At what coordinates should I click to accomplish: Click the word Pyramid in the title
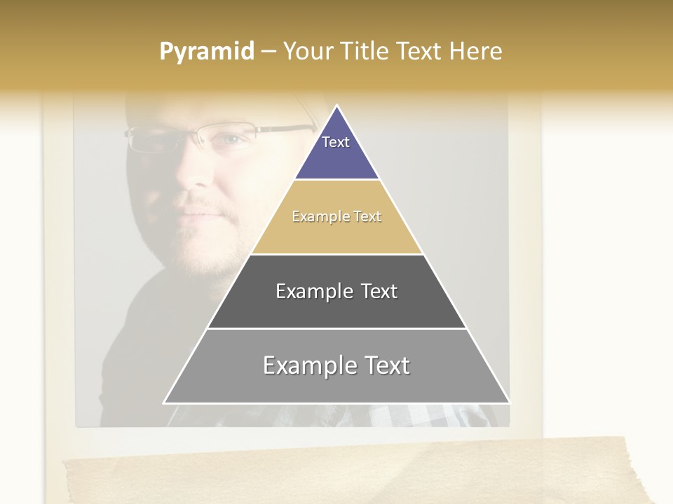point(206,52)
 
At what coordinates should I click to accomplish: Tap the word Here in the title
point(475,52)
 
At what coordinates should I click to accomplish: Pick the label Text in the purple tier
point(336,142)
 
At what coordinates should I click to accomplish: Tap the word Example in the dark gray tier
point(309,291)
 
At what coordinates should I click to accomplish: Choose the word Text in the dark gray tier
point(379,291)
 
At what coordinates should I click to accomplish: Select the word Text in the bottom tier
point(386,365)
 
